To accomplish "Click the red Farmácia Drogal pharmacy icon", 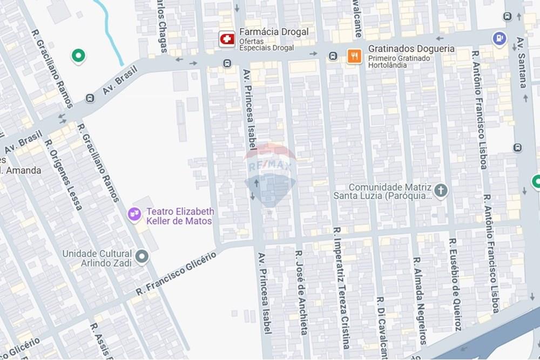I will coord(227,39).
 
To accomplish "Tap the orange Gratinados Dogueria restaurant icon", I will coord(354,56).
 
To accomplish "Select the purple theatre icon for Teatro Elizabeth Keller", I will coord(134,215).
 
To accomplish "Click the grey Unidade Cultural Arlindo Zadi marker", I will coord(142,257).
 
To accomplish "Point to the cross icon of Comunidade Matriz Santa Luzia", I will coord(441,190).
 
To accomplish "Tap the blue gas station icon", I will coord(500,38).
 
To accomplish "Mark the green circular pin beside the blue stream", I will coord(78,55).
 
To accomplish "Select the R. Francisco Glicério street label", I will coord(176,273).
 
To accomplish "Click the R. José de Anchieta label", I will coord(301,291).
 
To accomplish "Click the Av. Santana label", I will coord(522,62).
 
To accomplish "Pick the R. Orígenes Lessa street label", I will coord(63,175).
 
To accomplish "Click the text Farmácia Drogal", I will coord(274,32).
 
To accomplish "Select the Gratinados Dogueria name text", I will coord(411,49).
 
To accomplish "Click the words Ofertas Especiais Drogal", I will coord(267,44).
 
